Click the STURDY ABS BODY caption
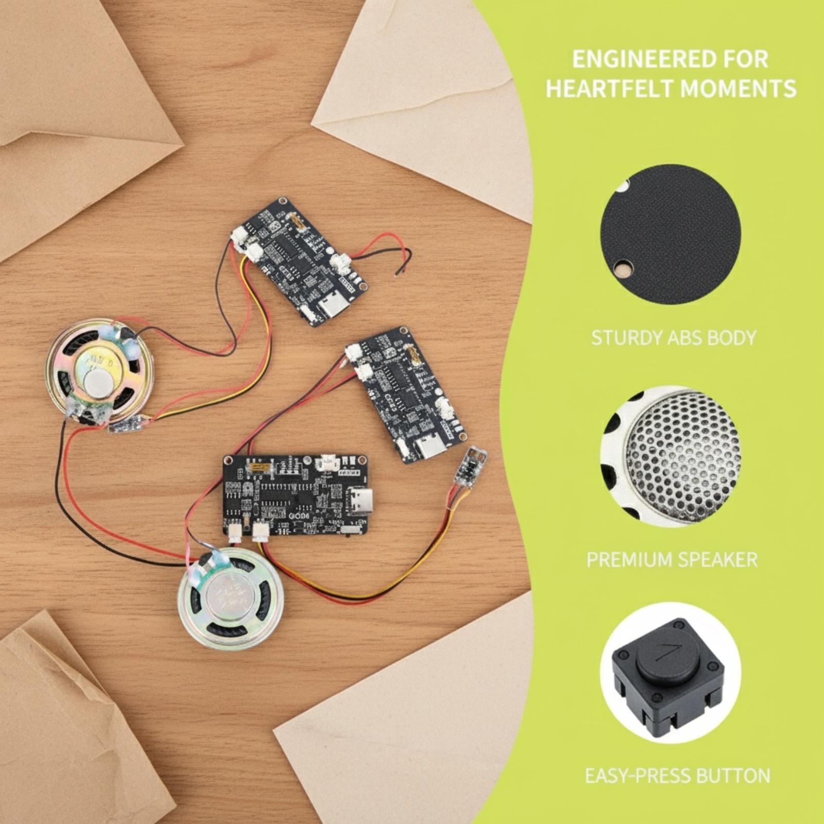click(x=673, y=338)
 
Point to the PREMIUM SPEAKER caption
click(x=672, y=559)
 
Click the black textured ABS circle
click(x=670, y=235)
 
